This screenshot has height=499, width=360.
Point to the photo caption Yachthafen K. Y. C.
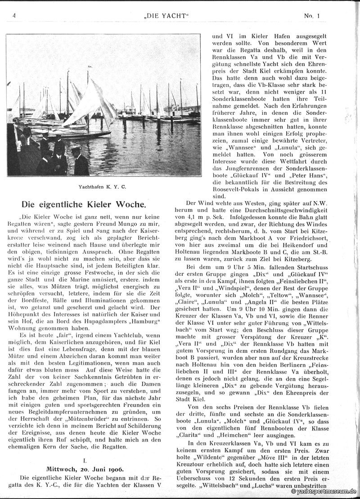coord(103,185)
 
